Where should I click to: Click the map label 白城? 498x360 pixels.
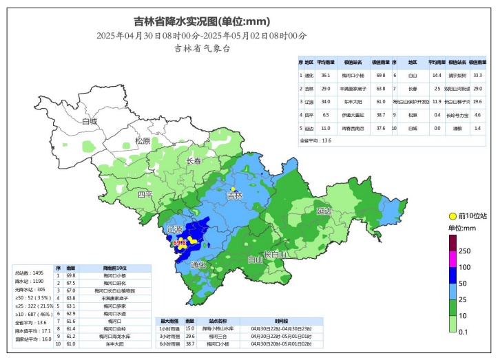click(x=89, y=121)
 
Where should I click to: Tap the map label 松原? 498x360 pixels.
click(x=143, y=140)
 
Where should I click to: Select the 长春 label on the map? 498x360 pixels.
click(x=195, y=160)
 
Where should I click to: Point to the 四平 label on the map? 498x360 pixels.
click(x=145, y=195)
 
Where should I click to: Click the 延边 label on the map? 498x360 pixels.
click(x=324, y=210)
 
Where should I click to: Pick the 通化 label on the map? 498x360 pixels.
click(x=198, y=264)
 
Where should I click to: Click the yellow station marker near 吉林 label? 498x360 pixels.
click(x=233, y=189)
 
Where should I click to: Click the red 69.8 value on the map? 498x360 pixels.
click(x=180, y=243)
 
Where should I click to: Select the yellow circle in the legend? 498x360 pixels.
click(x=453, y=216)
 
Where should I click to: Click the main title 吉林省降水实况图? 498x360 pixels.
click(x=201, y=21)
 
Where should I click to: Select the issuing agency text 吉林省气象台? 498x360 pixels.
click(x=201, y=48)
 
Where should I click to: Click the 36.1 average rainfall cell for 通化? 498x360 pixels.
click(x=326, y=75)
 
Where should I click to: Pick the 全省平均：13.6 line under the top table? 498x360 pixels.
click(x=316, y=140)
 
